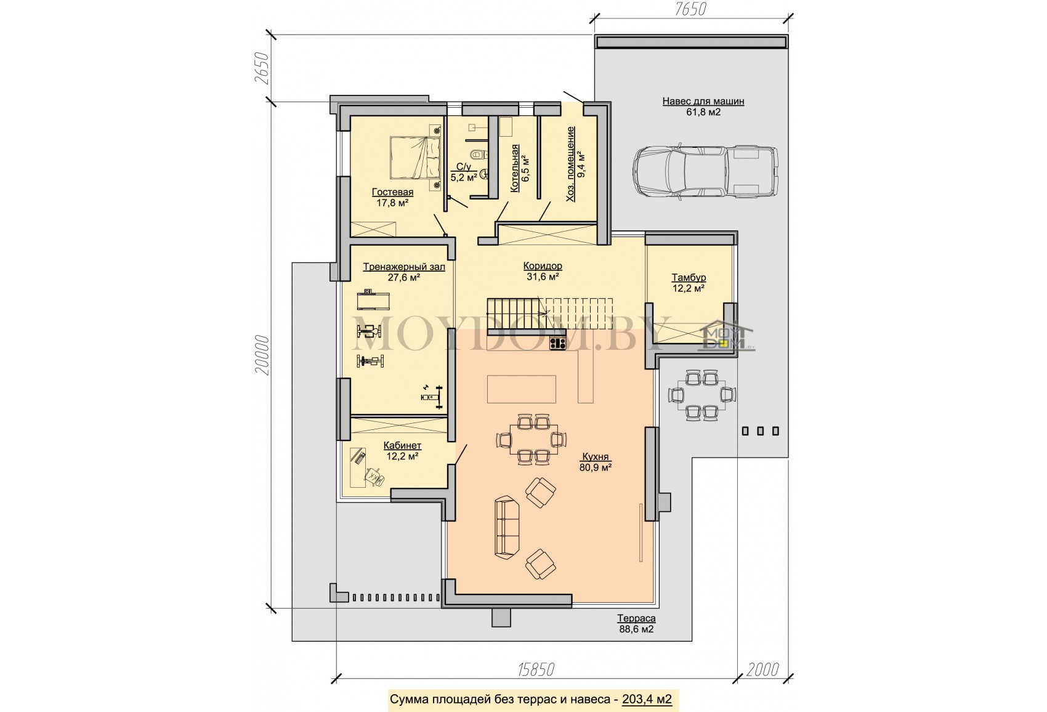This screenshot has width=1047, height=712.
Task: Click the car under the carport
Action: pos(705,172)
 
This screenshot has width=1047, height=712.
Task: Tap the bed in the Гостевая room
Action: pos(416,158)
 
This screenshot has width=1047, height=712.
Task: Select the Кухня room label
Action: pos(596,457)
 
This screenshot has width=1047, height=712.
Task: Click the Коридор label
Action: pos(543,265)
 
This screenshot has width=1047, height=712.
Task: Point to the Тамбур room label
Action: pos(689,277)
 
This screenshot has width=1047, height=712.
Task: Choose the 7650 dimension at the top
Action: pos(690,9)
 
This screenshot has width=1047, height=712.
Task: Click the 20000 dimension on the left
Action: pos(262,355)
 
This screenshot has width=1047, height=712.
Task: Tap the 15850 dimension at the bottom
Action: pos(536,670)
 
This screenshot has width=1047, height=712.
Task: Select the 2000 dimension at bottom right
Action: pos(762,670)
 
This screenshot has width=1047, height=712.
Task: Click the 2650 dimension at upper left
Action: pos(262,68)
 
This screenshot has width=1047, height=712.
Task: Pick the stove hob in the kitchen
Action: pos(557,344)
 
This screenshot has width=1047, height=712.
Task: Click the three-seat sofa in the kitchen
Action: pos(507,528)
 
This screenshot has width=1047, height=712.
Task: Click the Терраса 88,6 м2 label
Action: pos(636,624)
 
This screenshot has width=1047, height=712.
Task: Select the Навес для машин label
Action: pos(703,101)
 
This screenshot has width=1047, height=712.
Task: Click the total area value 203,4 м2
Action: pos(647,700)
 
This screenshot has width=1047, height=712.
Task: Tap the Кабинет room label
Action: pos(402,445)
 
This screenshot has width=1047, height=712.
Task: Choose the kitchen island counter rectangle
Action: pos(521,389)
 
